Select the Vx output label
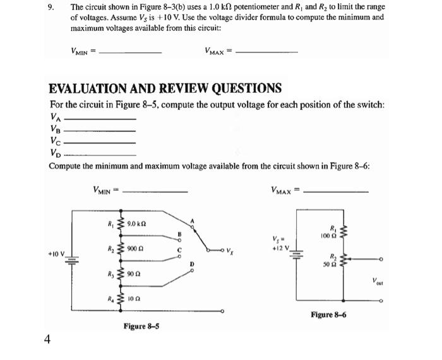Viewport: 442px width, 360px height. pyautogui.click(x=235, y=252)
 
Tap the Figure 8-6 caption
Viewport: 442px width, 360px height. pyautogui.click(x=328, y=314)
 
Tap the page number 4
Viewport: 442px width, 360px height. pyautogui.click(x=47, y=339)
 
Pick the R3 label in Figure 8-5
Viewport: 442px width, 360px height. pyautogui.click(x=110, y=276)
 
